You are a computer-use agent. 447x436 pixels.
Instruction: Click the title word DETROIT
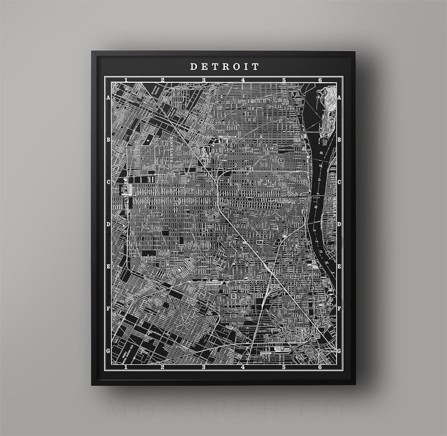[x=225, y=67]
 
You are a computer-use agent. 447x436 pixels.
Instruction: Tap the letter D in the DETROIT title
[x=193, y=67]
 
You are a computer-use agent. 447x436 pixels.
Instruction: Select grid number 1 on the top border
[x=126, y=80]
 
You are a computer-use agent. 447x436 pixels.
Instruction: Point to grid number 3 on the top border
[x=204, y=80]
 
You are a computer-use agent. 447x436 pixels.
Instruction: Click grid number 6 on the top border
[x=320, y=80]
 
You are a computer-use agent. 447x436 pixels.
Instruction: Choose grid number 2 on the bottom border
[x=162, y=367]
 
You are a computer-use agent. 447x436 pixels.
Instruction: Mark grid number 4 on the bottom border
[x=243, y=367]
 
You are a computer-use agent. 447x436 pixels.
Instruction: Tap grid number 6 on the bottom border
[x=320, y=367]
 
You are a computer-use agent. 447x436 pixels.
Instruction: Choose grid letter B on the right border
[x=340, y=140]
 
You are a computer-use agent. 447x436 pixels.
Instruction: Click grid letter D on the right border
[x=340, y=224]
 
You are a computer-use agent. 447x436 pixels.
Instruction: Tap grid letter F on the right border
[x=340, y=309]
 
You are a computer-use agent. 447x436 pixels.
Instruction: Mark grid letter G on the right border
[x=340, y=351]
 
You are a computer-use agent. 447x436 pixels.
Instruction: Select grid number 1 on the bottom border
[x=126, y=367]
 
